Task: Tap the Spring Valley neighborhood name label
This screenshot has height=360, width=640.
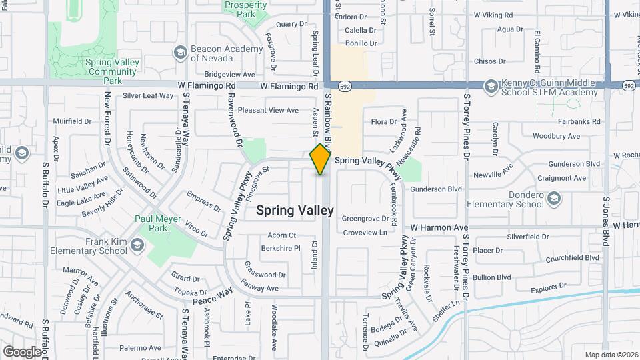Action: tap(295, 211)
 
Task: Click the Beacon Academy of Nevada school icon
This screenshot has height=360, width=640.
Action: tap(180, 53)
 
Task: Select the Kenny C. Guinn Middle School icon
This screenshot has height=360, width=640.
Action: tap(491, 87)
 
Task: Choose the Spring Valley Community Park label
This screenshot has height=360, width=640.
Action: tap(111, 71)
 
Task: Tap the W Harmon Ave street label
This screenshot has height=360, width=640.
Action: tap(439, 227)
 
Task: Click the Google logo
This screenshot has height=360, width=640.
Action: tap(22, 351)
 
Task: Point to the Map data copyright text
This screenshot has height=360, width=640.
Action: tap(611, 355)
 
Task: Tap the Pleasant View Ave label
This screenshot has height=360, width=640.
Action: tap(269, 110)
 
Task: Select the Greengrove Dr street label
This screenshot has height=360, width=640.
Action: tap(365, 218)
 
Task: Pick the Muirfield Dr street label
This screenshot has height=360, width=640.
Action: tap(72, 121)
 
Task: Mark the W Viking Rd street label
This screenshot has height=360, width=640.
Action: tap(493, 14)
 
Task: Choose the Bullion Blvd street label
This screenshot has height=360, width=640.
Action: tap(492, 277)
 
